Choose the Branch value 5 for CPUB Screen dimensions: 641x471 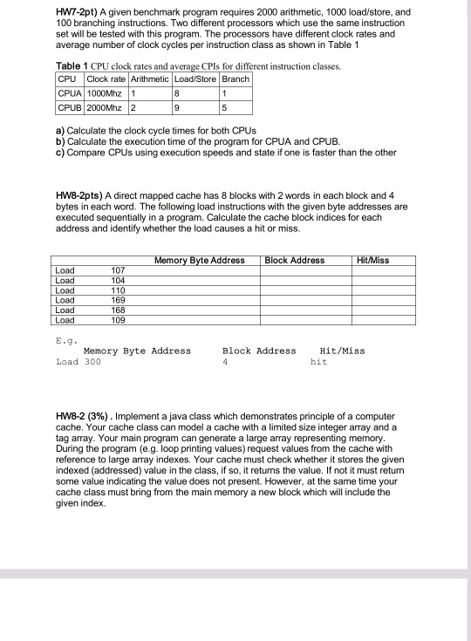pyautogui.click(x=225, y=109)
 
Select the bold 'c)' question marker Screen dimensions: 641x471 pyautogui.click(x=58, y=152)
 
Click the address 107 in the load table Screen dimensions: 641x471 pyautogui.click(x=119, y=271)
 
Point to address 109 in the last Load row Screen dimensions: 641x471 pyautogui.click(x=119, y=319)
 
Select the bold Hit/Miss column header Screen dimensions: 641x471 pyautogui.click(x=376, y=260)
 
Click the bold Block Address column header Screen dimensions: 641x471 pyautogui.click(x=294, y=260)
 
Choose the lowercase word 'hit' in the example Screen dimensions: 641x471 pyautogui.click(x=318, y=361)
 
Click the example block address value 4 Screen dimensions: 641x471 pyautogui.click(x=225, y=361)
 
